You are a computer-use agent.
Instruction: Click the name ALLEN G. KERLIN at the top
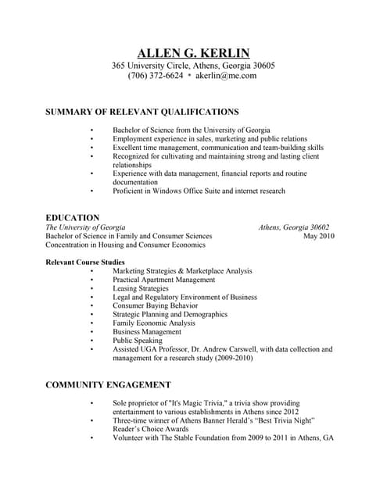point(193,53)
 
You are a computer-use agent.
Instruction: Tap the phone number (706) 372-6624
point(156,77)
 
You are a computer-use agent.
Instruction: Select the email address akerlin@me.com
point(226,77)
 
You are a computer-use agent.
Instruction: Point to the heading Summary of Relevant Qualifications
point(142,112)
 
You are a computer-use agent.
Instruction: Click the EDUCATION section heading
point(73,218)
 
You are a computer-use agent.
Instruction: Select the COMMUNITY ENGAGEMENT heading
point(109,385)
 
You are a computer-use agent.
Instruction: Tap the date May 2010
point(318,236)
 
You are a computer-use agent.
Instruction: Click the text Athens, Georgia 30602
point(294,227)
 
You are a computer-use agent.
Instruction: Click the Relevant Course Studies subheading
point(85,262)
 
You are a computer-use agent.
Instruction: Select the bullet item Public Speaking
point(138,341)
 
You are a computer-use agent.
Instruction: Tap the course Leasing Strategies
point(146,288)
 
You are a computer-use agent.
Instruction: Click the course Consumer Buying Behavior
point(155,305)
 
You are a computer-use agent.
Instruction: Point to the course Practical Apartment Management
point(163,280)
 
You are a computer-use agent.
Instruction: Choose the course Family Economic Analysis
point(154,323)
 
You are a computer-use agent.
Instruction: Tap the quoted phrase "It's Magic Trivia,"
point(200,403)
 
